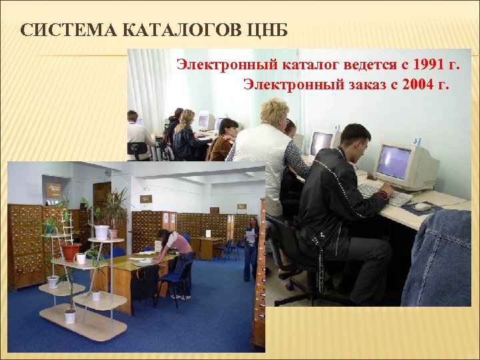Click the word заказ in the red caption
(367, 84)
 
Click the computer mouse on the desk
(423, 206)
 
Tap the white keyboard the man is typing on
(383, 193)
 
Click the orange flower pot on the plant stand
(71, 252)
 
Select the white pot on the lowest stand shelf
(70, 315)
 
